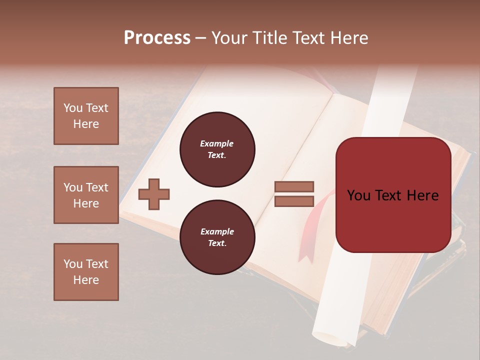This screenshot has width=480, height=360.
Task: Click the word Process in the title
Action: click(157, 38)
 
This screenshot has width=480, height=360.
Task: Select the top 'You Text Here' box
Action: click(86, 116)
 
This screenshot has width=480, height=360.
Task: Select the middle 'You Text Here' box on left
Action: click(86, 195)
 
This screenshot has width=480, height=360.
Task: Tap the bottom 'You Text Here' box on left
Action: click(86, 272)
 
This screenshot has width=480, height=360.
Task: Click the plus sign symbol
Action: click(154, 194)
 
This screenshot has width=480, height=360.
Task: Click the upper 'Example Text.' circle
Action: click(217, 149)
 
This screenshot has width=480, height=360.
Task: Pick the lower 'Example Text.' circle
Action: click(217, 237)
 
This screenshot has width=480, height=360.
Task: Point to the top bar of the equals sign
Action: click(294, 186)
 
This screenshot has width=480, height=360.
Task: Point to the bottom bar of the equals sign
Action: click(294, 201)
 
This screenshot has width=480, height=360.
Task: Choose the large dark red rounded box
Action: click(393, 220)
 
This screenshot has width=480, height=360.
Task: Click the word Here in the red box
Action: click(422, 195)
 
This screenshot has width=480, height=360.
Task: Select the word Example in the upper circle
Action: click(217, 143)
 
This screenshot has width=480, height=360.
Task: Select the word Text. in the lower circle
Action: click(217, 243)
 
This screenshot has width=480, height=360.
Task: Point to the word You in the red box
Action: click(359, 195)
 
